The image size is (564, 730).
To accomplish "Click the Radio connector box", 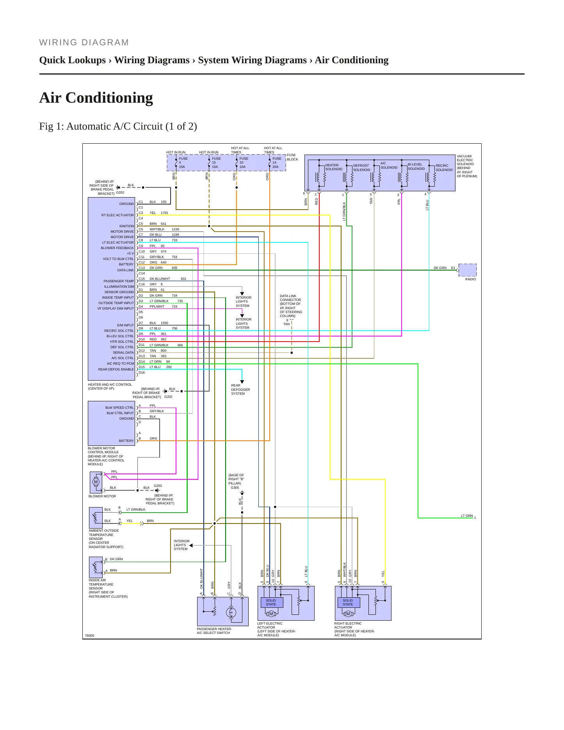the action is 467,270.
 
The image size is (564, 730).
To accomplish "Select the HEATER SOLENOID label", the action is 334,167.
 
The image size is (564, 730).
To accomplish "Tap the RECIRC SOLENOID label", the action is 444,168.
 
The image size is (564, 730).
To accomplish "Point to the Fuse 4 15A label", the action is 183,162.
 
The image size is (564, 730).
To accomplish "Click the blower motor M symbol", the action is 96,482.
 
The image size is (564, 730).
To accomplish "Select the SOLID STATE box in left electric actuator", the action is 271,602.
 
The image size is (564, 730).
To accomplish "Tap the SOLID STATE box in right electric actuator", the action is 348,602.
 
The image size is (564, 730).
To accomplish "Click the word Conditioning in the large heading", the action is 109,98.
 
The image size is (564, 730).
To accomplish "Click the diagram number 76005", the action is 89,636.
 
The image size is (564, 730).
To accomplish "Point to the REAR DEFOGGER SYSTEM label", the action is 240,390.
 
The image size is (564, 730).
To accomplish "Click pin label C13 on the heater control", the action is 142,268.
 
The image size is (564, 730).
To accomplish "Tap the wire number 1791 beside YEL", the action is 164,213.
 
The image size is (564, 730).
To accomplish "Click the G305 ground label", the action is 235,488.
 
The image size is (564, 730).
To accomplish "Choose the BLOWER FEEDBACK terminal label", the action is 117,248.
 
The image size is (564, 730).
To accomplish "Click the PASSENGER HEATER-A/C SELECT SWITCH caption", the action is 214,631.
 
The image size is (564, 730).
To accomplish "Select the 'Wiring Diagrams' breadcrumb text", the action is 152,60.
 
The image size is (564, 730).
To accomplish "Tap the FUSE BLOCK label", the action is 292,157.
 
